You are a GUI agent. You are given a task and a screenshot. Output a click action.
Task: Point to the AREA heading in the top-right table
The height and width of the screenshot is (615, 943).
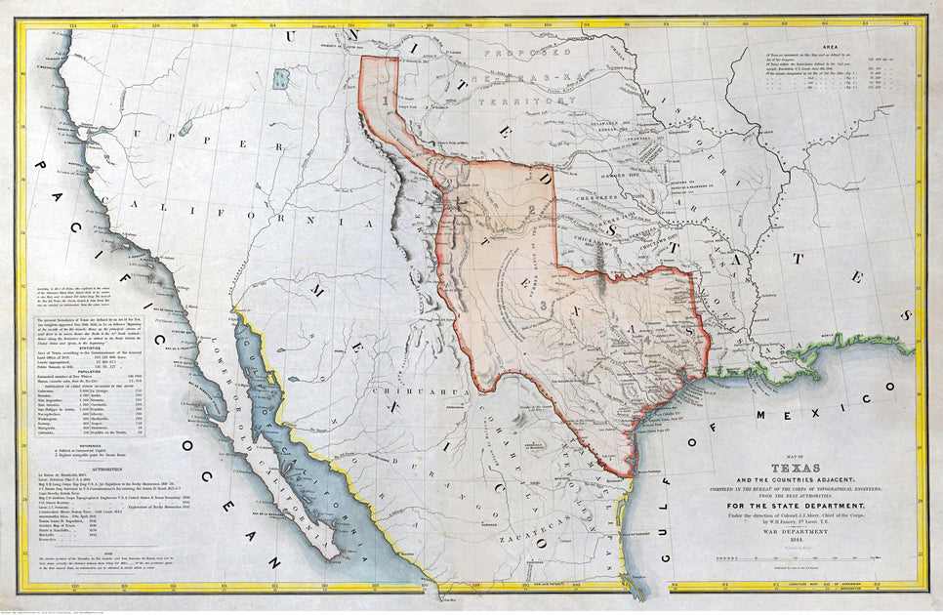(x=832, y=47)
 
